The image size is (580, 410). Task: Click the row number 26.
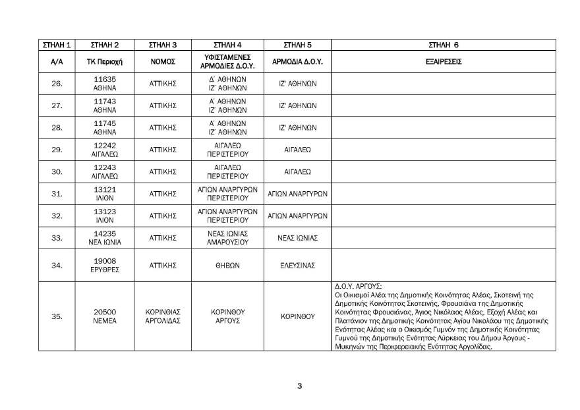point(57,84)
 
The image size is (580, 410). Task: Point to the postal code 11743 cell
point(105,105)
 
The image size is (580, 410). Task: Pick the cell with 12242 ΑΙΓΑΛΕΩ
point(105,150)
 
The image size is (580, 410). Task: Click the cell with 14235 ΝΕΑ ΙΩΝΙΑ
point(105,238)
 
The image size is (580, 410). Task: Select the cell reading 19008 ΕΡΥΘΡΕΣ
point(105,265)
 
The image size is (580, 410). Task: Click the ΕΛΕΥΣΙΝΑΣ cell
point(297,265)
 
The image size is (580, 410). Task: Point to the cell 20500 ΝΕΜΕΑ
point(105,316)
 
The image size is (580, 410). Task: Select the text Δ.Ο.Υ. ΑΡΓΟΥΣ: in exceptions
point(359,287)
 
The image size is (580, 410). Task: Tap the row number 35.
point(57,316)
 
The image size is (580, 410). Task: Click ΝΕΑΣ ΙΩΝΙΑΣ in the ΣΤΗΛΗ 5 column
point(297,238)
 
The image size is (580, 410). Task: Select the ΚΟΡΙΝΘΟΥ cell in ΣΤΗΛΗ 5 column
point(297,316)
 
